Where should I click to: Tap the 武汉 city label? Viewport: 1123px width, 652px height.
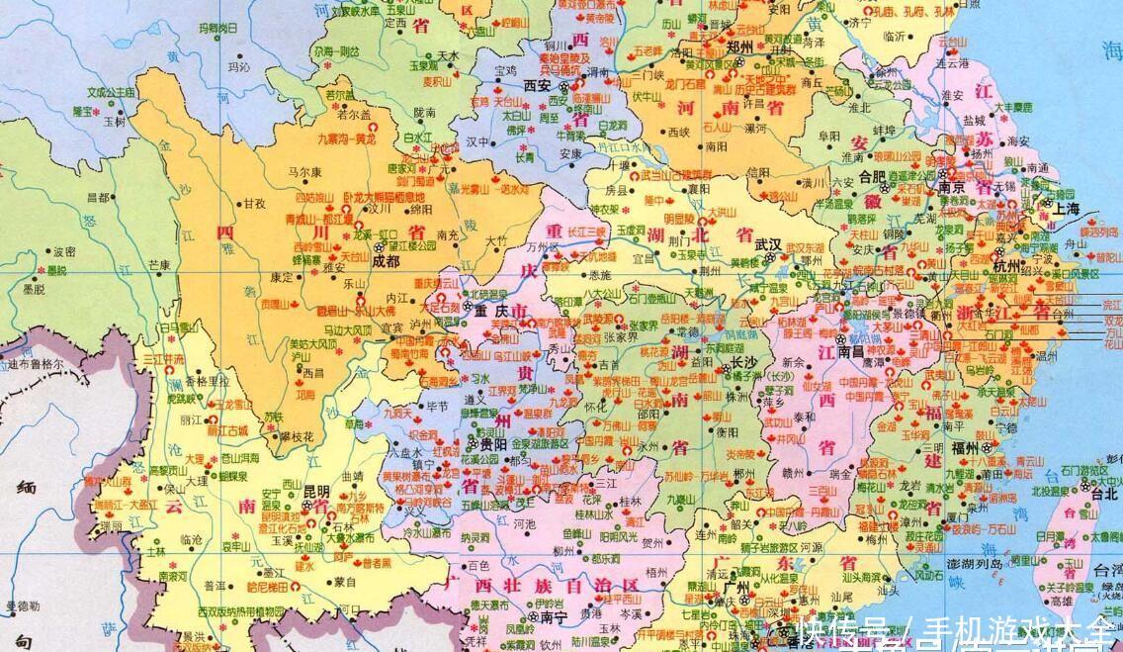point(767,243)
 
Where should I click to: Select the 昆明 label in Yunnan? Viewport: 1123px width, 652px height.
point(316,491)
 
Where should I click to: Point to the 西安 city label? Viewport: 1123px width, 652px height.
point(538,85)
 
